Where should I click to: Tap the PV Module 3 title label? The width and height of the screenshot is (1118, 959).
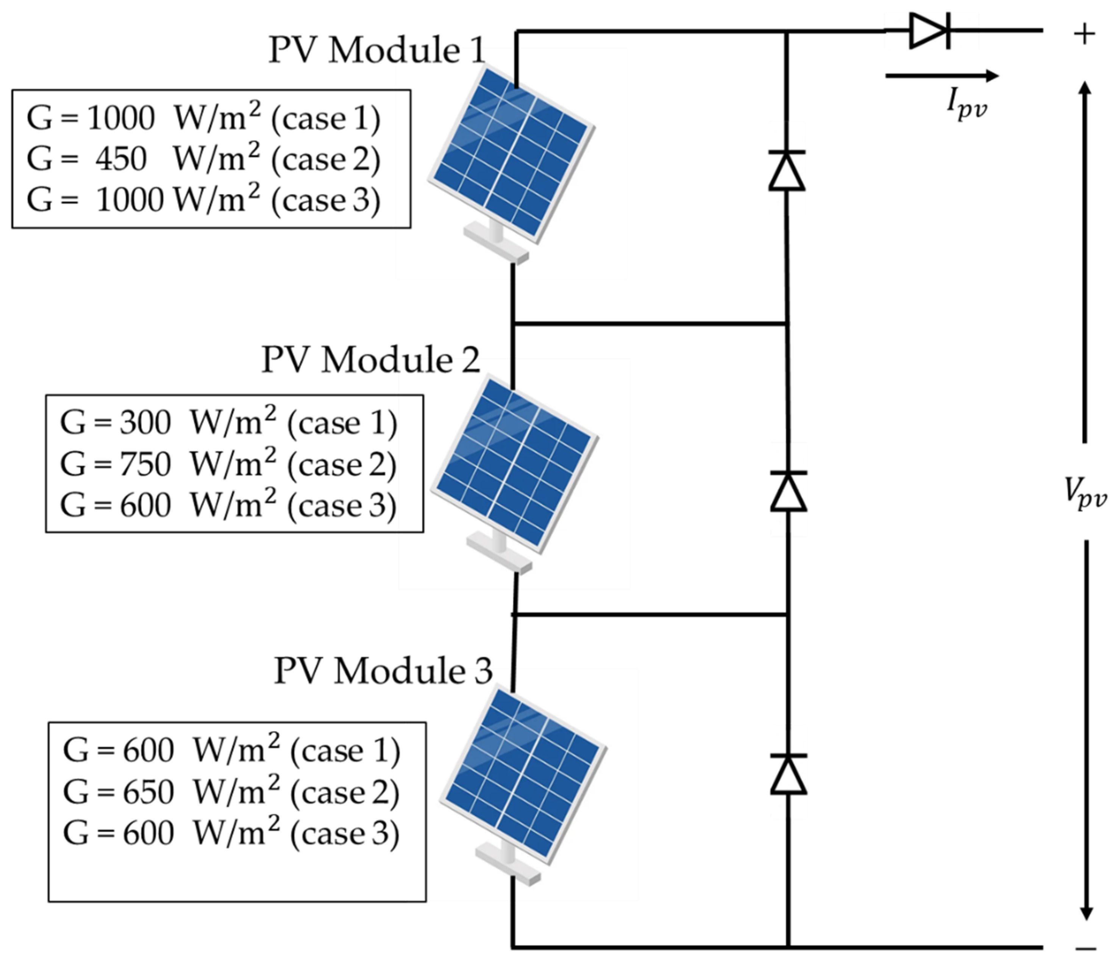[x=383, y=671]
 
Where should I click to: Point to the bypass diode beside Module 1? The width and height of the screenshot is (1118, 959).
[x=787, y=170]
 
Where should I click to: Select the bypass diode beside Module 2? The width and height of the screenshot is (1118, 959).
[x=789, y=491]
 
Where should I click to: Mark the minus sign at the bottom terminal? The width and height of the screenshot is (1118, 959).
[x=1086, y=948]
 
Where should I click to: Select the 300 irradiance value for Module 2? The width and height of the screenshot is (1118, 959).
[x=145, y=423]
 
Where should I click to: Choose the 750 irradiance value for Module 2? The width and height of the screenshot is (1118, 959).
[x=145, y=464]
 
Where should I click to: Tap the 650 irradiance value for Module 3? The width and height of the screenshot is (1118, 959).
[x=148, y=792]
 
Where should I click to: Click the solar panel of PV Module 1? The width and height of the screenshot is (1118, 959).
[x=511, y=155]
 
